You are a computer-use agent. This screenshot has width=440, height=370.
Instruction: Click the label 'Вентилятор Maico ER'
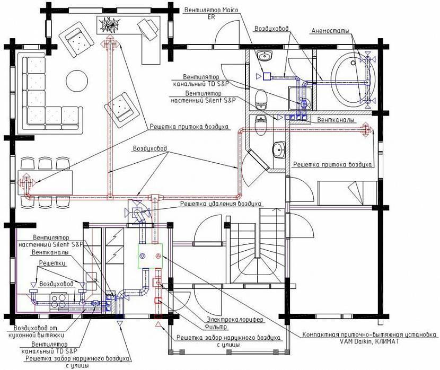point(211,13)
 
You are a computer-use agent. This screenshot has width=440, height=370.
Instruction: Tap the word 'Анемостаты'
point(330,31)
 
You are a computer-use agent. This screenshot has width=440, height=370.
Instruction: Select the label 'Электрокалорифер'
point(235,319)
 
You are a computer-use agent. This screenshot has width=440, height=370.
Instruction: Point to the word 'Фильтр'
point(216,327)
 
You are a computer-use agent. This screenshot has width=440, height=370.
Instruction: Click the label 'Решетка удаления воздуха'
point(221,204)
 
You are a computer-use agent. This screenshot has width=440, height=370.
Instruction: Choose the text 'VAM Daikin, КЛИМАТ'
point(369,341)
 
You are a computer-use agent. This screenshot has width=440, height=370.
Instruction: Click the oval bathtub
point(353,80)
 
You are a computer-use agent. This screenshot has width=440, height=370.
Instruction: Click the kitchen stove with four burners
point(59,302)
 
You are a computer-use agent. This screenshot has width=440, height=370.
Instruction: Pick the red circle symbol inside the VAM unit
point(158,256)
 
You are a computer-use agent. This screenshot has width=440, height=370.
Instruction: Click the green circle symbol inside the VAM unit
point(143,256)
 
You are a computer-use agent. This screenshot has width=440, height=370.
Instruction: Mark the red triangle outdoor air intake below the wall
point(159,325)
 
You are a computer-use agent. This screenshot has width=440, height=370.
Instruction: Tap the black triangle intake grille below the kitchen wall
point(120,324)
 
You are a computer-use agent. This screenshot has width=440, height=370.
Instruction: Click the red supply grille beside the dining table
point(26,183)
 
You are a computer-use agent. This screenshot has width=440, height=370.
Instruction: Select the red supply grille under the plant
point(110,43)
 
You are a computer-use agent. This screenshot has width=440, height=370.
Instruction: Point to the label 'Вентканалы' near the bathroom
point(336,120)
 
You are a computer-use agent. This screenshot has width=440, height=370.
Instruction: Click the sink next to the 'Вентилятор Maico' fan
point(265,56)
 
